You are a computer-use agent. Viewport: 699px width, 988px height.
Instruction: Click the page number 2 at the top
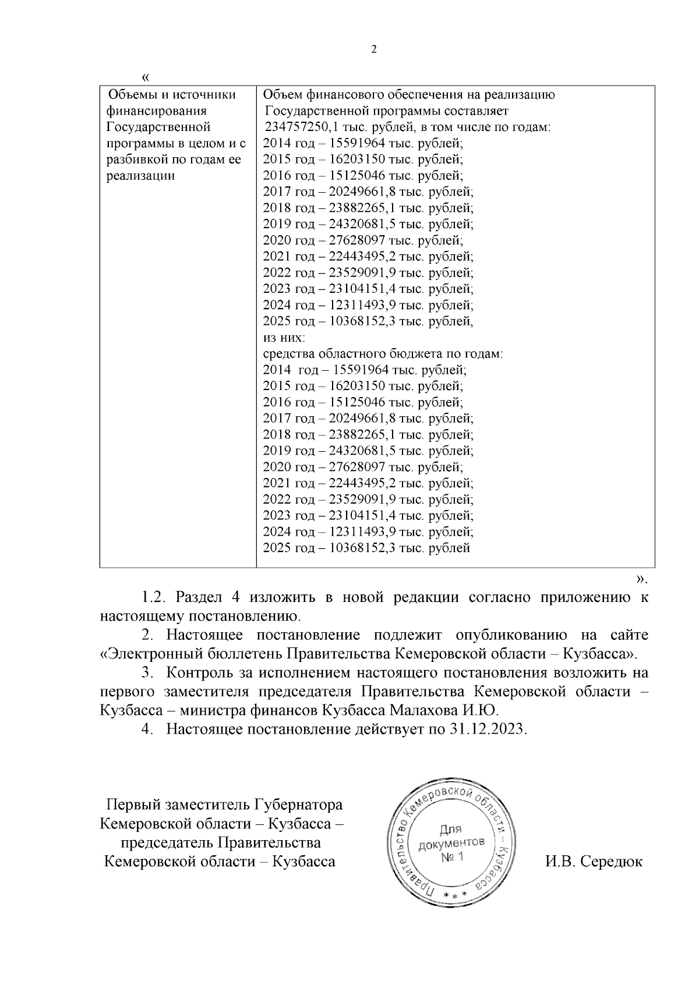[374, 49]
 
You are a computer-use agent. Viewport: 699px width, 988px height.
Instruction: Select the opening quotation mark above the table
[146, 77]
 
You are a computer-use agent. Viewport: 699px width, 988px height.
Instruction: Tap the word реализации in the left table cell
[140, 176]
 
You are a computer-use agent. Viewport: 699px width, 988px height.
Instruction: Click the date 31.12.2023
[487, 730]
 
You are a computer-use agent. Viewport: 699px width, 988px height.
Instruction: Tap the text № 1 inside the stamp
[451, 857]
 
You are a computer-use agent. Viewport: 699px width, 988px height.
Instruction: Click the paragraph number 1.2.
[155, 597]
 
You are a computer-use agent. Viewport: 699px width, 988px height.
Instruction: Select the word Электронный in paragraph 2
[148, 653]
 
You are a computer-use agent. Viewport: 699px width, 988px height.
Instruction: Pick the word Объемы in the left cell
[133, 95]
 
